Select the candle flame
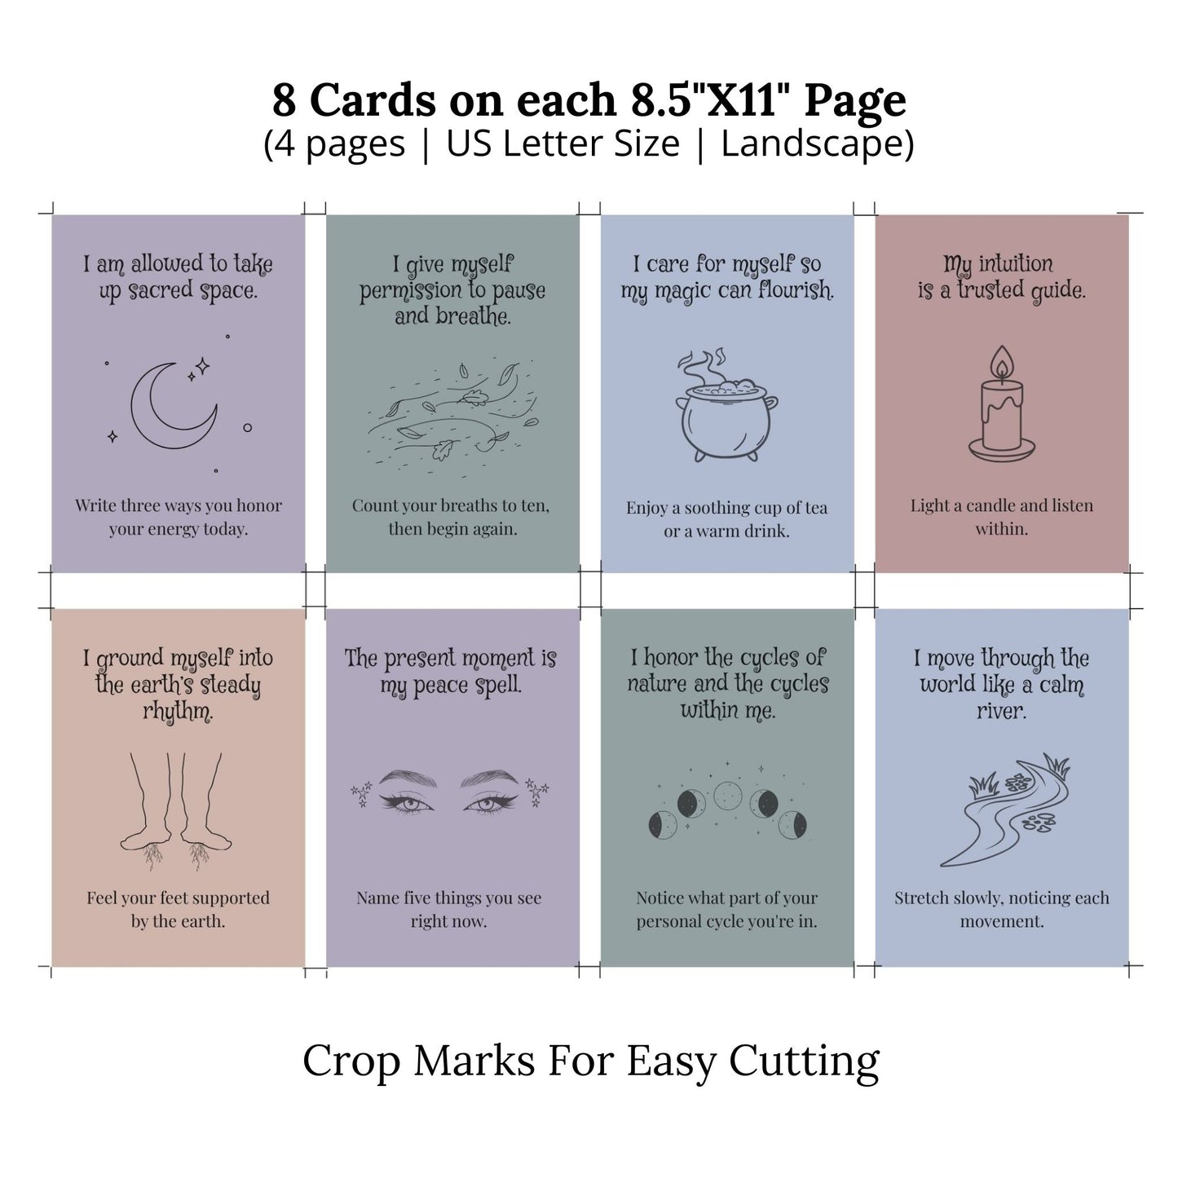pos(1001,361)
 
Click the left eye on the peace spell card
pos(397,804)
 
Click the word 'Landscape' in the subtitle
pos(817,144)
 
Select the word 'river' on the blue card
pos(1000,711)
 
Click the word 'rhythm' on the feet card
pos(177,713)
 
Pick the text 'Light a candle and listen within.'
pos(1001,517)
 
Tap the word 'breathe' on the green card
pos(452,316)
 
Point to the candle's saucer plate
pos(1002,449)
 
